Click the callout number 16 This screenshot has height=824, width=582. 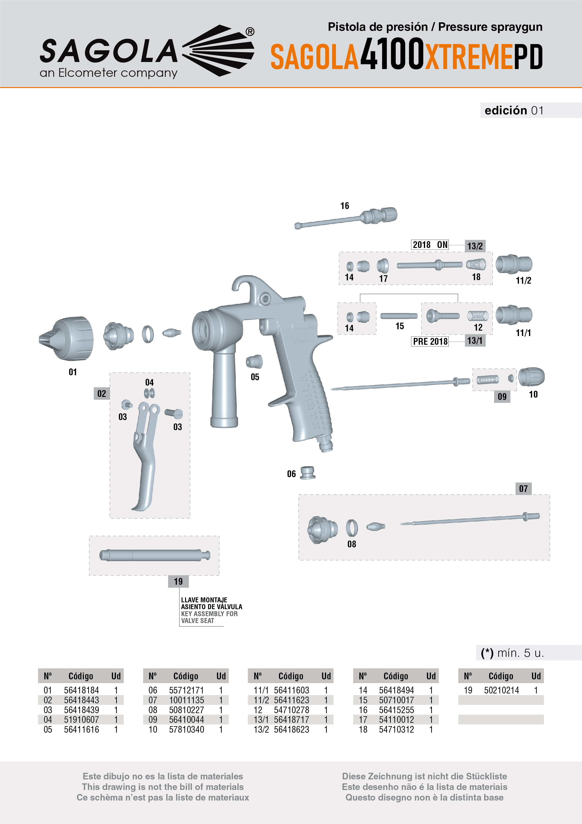pos(345,206)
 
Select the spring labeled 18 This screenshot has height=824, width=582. pos(476,265)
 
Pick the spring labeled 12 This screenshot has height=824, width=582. pos(478,316)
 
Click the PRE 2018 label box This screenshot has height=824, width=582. pos(430,341)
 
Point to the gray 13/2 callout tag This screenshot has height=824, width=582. pos(475,246)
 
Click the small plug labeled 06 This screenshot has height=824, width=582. pos(307,473)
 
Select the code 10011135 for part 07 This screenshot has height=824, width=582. pos(186,700)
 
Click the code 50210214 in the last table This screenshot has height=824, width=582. pos(501,690)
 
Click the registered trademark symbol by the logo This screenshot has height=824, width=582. pos(250,31)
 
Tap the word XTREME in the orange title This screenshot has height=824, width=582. pos(469,57)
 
